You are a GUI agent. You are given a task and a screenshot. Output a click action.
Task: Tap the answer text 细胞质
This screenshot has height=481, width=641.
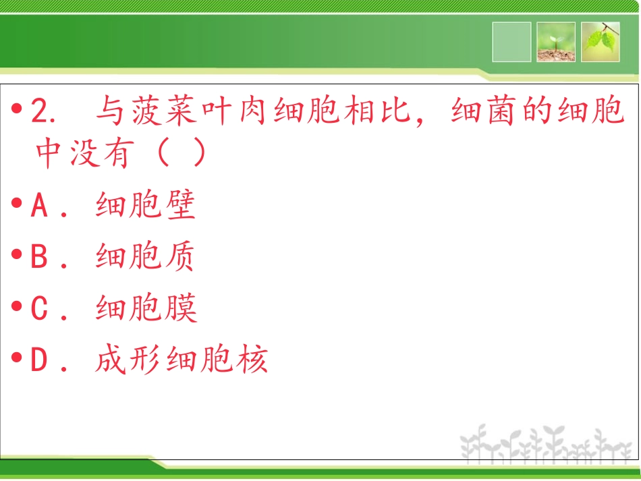(146, 258)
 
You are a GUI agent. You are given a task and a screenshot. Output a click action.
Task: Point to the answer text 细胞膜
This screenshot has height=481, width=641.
(146, 308)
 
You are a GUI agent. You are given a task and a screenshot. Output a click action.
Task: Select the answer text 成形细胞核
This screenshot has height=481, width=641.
(182, 360)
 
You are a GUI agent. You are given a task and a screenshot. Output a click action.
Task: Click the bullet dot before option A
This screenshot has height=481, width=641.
(18, 204)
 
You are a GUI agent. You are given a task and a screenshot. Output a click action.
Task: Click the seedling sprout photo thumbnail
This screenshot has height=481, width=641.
(556, 42)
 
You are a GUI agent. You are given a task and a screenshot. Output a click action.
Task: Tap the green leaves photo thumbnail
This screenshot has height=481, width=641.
(601, 42)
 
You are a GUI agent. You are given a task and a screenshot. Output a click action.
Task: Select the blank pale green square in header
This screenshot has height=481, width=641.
(511, 42)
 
